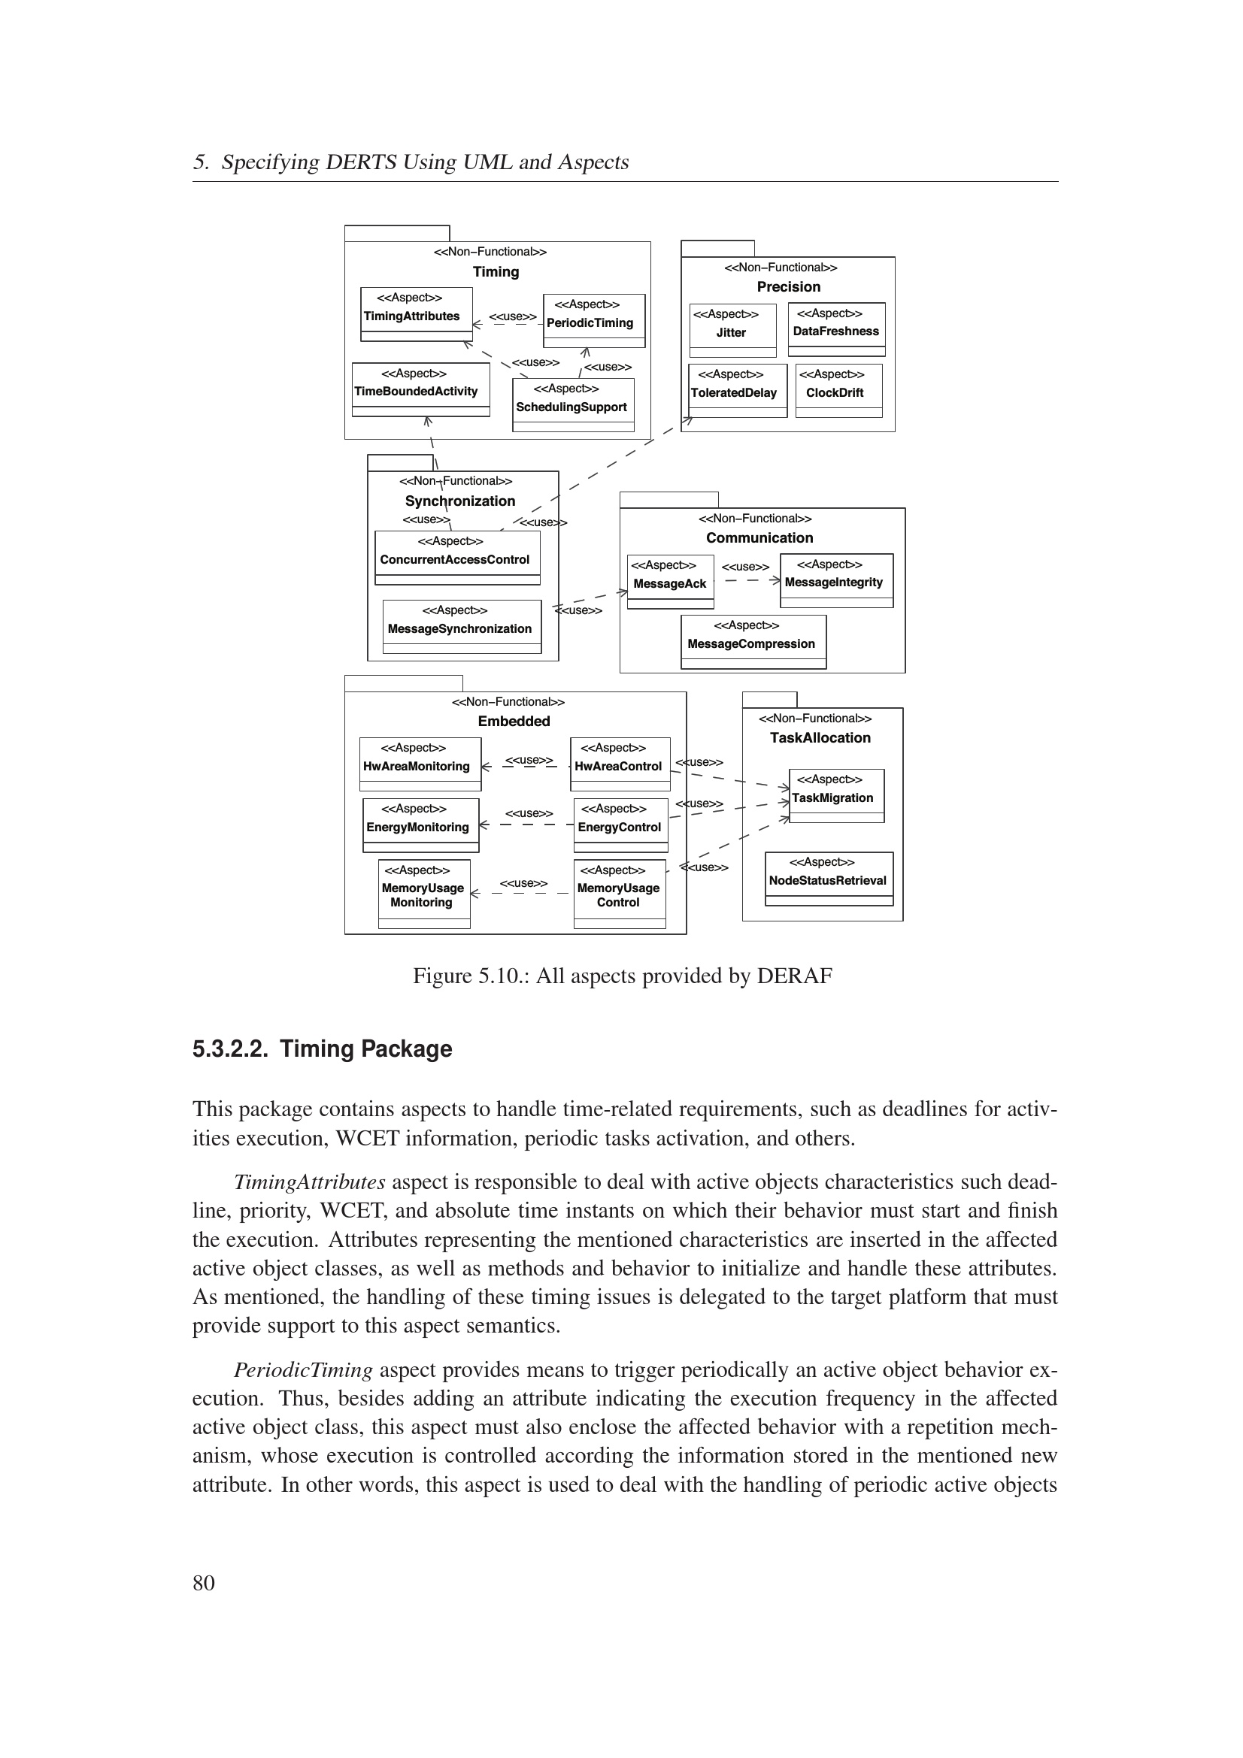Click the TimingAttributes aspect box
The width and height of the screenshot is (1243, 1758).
click(416, 315)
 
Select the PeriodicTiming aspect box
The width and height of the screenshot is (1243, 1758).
click(593, 320)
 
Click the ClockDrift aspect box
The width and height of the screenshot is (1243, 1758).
click(838, 391)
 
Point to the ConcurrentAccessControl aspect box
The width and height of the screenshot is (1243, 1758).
click(457, 558)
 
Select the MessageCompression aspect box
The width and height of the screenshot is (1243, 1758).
click(753, 642)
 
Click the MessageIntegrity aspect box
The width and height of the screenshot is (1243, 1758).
click(836, 580)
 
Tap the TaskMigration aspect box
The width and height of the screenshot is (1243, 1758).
click(836, 795)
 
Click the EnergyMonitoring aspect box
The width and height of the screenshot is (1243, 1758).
click(420, 825)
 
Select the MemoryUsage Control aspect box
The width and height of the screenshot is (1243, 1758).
click(620, 893)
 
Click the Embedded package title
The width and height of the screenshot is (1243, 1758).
click(514, 722)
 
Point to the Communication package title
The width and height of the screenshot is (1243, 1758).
click(759, 538)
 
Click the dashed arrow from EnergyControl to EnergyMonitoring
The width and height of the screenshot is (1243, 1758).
click(527, 825)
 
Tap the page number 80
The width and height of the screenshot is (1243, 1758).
click(204, 1582)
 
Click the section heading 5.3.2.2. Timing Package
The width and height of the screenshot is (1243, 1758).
click(323, 1048)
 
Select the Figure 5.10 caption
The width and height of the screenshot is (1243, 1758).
click(622, 976)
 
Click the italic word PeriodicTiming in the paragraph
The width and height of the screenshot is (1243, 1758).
click(303, 1369)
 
